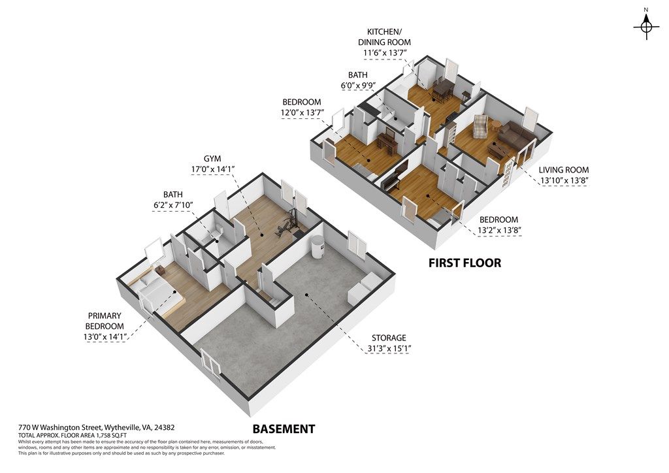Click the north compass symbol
coord(646,26)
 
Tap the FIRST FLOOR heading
coord(465,263)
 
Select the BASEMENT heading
coord(284,429)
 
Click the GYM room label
coord(212,159)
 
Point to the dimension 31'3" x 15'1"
coord(389,348)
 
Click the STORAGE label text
coord(389,338)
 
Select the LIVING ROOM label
coord(564,170)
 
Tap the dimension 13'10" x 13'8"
coord(564,180)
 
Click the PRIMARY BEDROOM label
coord(105,321)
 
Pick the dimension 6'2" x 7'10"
coord(174,205)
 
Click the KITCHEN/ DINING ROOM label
coord(384,37)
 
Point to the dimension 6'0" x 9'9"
coord(357,86)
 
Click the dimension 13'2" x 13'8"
coord(498,231)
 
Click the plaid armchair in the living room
coord(481,126)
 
